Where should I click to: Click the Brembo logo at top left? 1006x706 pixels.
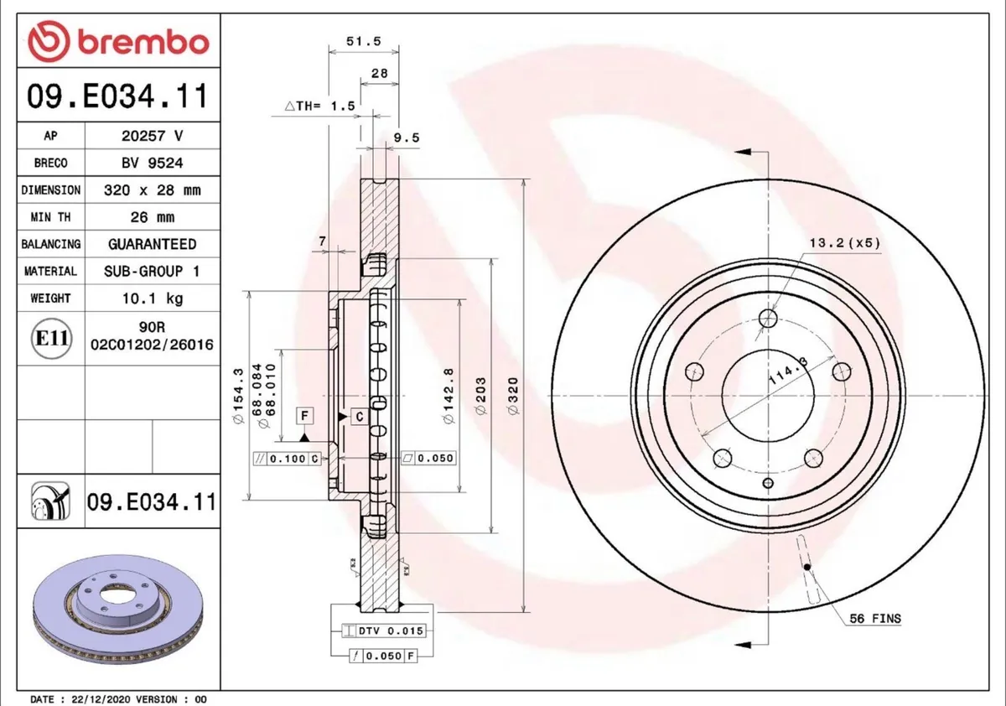click(x=117, y=41)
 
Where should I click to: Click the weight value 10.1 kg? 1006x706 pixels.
click(x=153, y=298)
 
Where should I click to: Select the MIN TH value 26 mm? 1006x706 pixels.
click(x=153, y=217)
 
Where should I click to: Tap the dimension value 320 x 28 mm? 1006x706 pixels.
click(x=153, y=190)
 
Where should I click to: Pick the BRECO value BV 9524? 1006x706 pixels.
click(x=153, y=163)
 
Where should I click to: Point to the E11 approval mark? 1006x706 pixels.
click(x=49, y=339)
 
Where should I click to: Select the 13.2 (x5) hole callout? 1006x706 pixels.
click(x=844, y=243)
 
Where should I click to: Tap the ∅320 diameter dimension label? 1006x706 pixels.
click(x=512, y=396)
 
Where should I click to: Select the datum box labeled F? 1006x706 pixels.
click(x=305, y=416)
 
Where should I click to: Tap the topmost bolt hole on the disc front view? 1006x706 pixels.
click(x=768, y=318)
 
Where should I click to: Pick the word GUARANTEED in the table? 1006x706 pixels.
click(x=153, y=244)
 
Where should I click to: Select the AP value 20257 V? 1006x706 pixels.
click(x=153, y=136)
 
